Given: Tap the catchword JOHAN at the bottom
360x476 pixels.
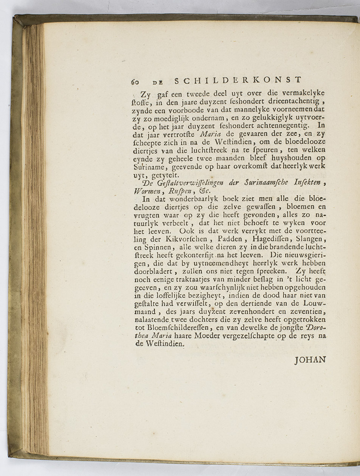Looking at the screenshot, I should (310, 359).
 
